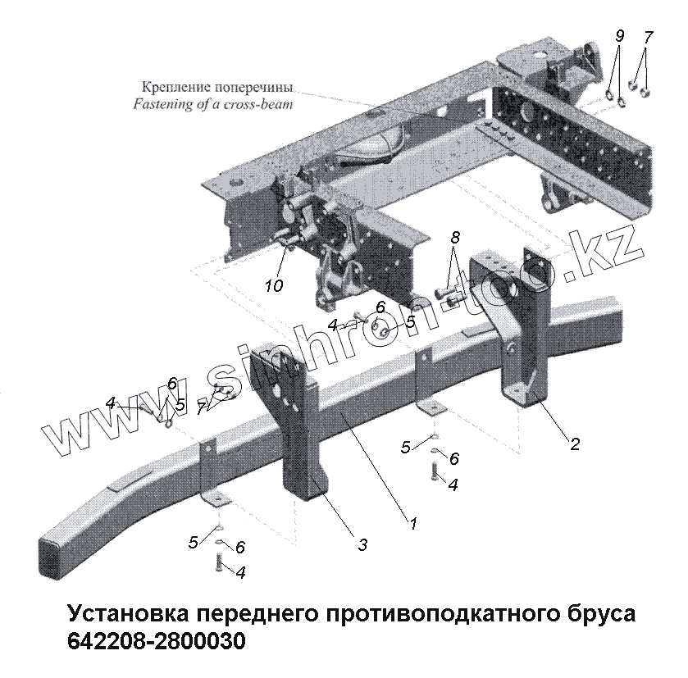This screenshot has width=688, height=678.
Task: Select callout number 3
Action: pyautogui.click(x=362, y=544)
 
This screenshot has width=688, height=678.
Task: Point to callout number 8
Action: pyautogui.click(x=455, y=238)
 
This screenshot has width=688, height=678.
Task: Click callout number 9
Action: pyautogui.click(x=619, y=37)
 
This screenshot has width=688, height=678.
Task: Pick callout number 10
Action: pyautogui.click(x=274, y=285)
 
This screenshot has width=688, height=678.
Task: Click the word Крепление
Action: pyautogui.click(x=176, y=88)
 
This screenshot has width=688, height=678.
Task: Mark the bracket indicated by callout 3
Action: pyautogui.click(x=299, y=426)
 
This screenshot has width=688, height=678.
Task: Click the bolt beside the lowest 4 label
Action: pyautogui.click(x=219, y=563)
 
